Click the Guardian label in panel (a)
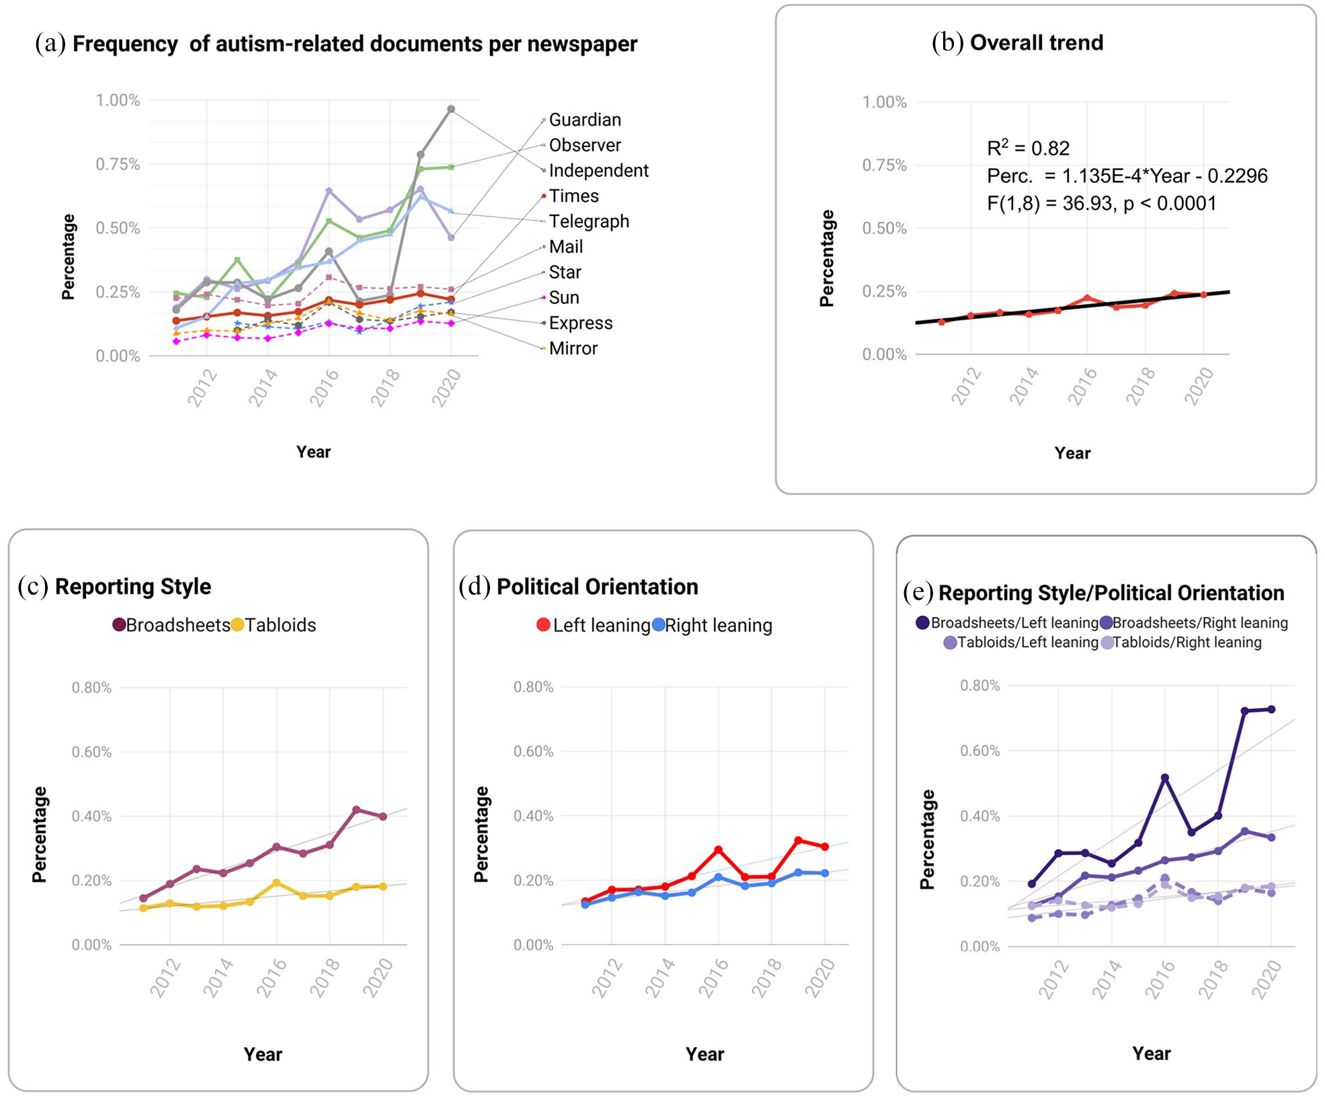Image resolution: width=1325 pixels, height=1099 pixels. click(585, 120)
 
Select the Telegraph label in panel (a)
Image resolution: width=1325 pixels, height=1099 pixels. click(589, 221)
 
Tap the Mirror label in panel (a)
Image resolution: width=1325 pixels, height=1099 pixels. click(573, 348)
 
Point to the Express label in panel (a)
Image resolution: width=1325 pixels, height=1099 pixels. click(581, 323)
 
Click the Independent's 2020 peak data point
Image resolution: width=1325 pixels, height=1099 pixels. click(451, 109)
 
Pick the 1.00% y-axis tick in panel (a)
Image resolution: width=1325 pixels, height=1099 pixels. click(118, 100)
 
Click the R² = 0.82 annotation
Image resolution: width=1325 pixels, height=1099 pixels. click(1028, 147)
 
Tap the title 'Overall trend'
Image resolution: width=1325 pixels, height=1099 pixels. click(1037, 42)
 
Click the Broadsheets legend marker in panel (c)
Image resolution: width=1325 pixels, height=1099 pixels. click(119, 625)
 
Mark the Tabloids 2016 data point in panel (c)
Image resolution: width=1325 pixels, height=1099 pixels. click(276, 882)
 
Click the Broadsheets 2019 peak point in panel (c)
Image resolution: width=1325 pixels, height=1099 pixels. click(356, 810)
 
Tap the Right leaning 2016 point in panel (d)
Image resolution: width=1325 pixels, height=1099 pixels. click(719, 877)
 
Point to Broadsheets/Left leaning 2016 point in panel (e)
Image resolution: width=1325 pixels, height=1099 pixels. click(1165, 778)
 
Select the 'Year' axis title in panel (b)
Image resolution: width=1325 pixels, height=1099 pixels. click(1072, 453)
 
